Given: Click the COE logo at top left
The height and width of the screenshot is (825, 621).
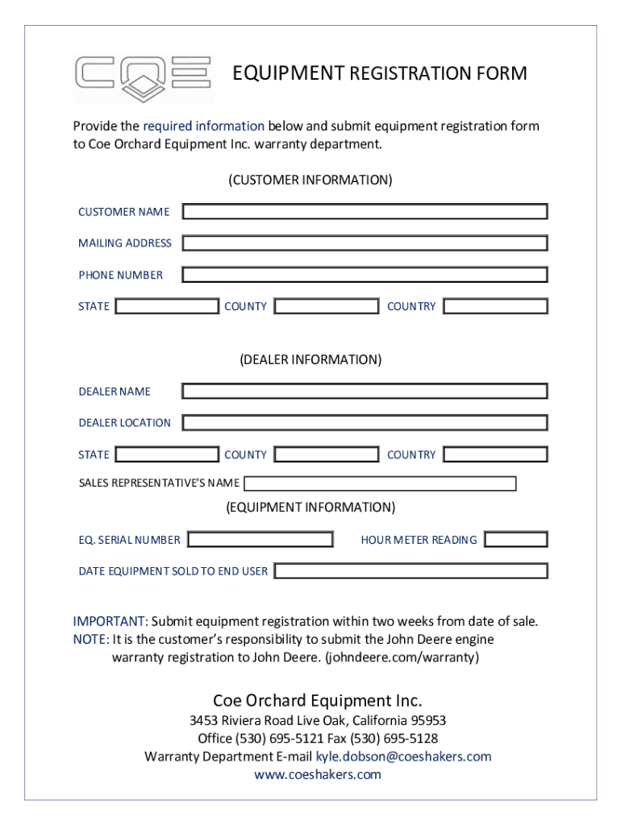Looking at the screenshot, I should [x=143, y=78].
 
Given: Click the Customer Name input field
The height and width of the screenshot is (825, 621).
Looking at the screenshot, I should [x=365, y=212].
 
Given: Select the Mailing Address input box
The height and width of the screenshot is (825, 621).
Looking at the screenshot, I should [x=365, y=243].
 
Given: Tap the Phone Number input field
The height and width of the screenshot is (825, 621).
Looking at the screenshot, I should [x=365, y=275].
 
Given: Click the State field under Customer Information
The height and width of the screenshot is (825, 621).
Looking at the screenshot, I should [x=167, y=306].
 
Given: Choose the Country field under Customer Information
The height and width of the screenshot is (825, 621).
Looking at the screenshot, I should [x=495, y=306].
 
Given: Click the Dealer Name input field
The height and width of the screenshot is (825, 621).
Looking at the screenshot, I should [x=365, y=392].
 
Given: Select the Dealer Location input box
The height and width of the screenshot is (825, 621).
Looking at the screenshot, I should [x=365, y=423].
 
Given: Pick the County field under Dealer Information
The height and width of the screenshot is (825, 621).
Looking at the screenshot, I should [x=326, y=454].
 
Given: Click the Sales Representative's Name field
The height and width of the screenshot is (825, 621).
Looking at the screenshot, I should [x=380, y=483].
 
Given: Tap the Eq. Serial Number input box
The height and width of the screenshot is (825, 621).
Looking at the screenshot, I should [x=260, y=539].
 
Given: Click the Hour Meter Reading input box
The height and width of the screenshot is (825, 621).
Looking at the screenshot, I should [x=515, y=539].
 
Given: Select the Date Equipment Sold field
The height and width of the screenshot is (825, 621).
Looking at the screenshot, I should [x=411, y=571].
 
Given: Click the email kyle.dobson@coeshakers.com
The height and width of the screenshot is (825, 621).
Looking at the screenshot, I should [x=403, y=757].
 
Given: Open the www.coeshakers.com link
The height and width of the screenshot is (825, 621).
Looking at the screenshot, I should [x=317, y=774].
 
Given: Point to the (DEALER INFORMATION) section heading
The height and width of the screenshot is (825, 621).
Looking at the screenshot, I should [x=310, y=359].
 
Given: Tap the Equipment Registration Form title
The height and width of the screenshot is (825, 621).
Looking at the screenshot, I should [x=379, y=74].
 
